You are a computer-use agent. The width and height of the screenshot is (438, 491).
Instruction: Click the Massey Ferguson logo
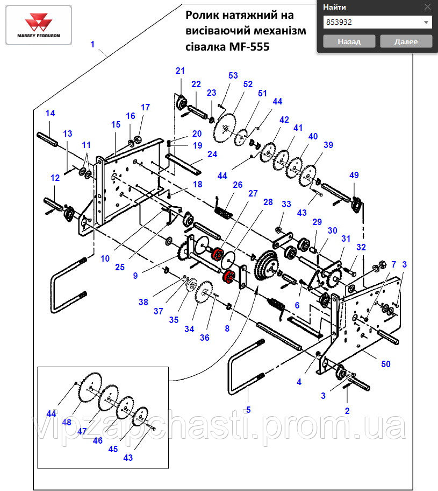39,25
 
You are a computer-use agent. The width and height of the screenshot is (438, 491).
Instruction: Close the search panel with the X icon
427,6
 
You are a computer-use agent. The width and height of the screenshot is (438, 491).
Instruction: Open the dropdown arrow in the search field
426,23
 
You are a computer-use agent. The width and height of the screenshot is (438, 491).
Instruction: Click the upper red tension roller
216,253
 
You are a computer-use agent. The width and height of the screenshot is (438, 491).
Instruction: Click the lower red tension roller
229,276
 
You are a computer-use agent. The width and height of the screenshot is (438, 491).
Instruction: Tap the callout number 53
233,75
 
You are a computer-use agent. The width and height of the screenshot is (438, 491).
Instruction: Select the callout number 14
50,114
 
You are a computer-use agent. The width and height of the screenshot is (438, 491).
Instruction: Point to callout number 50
386,364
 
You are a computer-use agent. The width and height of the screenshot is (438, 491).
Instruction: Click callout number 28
268,202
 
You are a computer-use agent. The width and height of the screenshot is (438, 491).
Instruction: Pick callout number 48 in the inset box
66,422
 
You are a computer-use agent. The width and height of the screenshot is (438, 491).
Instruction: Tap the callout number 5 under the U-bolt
248,410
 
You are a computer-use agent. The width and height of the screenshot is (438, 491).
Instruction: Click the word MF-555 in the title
249,47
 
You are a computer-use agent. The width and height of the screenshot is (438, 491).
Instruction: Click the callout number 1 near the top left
92,44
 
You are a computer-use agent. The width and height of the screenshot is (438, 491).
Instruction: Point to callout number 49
354,175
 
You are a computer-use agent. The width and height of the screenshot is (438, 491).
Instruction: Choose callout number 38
143,302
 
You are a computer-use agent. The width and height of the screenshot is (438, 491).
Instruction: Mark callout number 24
212,154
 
